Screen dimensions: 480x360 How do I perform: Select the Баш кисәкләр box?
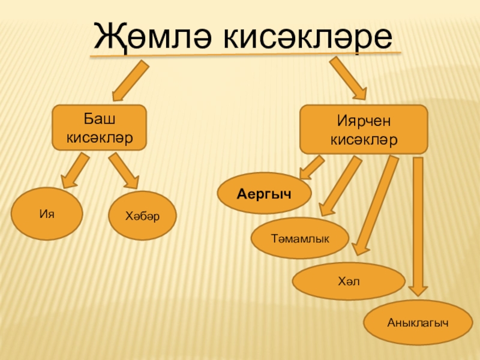coord(99,128)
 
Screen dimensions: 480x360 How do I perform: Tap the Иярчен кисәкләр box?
coord(364,130)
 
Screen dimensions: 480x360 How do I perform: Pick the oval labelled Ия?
coord(49,214)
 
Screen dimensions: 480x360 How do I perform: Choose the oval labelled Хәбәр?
coord(142,215)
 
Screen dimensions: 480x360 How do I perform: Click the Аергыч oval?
coord(264,194)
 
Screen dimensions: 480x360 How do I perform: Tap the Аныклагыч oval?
coord(418,323)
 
